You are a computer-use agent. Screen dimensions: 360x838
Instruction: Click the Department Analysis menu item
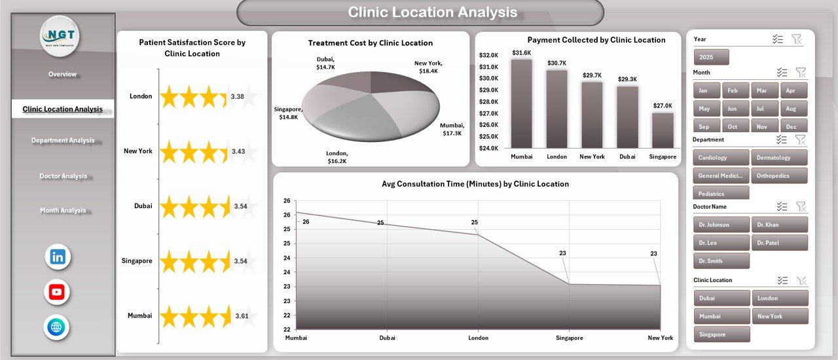63,140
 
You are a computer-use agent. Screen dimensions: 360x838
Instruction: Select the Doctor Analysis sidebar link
63,176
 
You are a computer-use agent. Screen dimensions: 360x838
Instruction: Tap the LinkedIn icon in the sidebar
58,257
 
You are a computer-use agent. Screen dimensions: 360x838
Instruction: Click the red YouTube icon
57,293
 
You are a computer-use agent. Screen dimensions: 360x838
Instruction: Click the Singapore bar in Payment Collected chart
663,130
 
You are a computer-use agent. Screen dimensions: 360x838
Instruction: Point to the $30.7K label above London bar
557,63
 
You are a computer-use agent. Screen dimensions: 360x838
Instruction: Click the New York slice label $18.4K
429,67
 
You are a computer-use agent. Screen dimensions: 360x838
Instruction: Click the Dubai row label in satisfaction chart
143,206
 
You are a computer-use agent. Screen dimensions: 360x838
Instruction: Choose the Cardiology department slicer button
721,158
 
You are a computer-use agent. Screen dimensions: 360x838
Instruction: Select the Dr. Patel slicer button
779,243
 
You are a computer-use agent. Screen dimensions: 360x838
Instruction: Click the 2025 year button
711,58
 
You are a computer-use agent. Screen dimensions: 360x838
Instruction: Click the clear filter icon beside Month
801,73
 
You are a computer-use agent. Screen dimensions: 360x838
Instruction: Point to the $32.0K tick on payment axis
488,55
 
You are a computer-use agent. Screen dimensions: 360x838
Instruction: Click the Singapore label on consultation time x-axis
569,338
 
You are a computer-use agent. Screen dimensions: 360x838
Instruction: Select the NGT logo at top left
60,36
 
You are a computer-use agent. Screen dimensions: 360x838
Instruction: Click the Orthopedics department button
779,176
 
